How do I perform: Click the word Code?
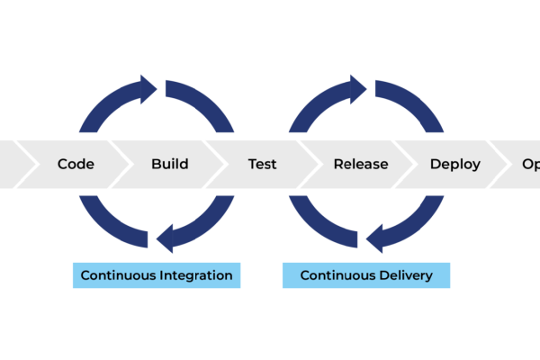pos(76,165)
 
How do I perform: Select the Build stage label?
pos(169,165)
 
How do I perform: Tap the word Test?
pos(262,165)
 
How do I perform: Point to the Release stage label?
pos(360,165)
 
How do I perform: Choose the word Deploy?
pos(454,165)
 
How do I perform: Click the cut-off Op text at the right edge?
pos(530,165)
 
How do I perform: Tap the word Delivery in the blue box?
pos(404,275)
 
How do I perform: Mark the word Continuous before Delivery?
pos(336,275)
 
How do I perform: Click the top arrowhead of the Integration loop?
pos(145,88)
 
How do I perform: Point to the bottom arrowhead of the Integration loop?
pos(168,239)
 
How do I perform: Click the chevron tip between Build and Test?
pos(221,165)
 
